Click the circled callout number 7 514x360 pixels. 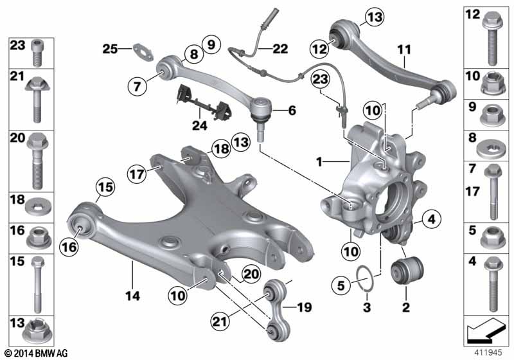(x=137, y=86)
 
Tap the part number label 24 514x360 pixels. (x=200, y=125)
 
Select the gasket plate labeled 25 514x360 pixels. (x=143, y=53)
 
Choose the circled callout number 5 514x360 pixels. (x=341, y=285)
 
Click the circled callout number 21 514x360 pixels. (x=220, y=321)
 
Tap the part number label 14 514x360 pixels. (x=133, y=296)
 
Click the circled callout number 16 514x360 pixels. (x=69, y=247)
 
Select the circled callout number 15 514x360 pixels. (x=105, y=187)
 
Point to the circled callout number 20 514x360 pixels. (x=251, y=273)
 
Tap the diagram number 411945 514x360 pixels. (x=488, y=353)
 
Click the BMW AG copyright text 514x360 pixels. (x=36, y=353)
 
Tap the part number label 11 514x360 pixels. (x=404, y=50)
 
